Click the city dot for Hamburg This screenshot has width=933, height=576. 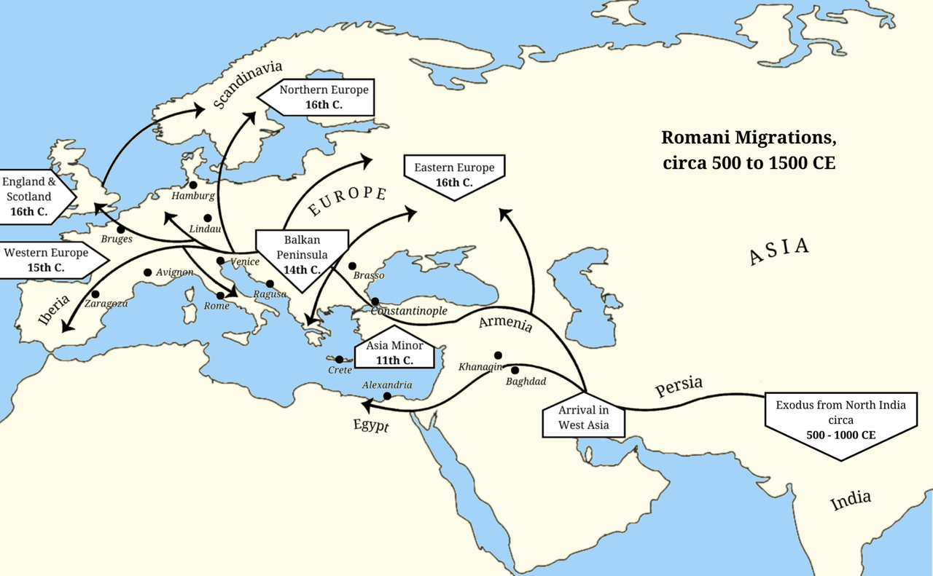(193, 185)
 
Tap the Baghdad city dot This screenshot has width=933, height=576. (515, 371)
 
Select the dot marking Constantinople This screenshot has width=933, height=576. (375, 301)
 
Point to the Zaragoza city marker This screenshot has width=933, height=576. (95, 294)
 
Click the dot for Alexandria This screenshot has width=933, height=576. (387, 396)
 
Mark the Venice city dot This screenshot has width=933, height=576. (220, 261)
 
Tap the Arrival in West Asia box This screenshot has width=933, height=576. (583, 418)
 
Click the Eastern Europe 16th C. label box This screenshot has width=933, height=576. (454, 175)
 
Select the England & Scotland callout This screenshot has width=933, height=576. (35, 197)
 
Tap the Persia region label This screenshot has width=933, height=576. (678, 386)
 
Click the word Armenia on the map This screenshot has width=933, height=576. (505, 323)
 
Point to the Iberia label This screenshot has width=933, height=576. (53, 309)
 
